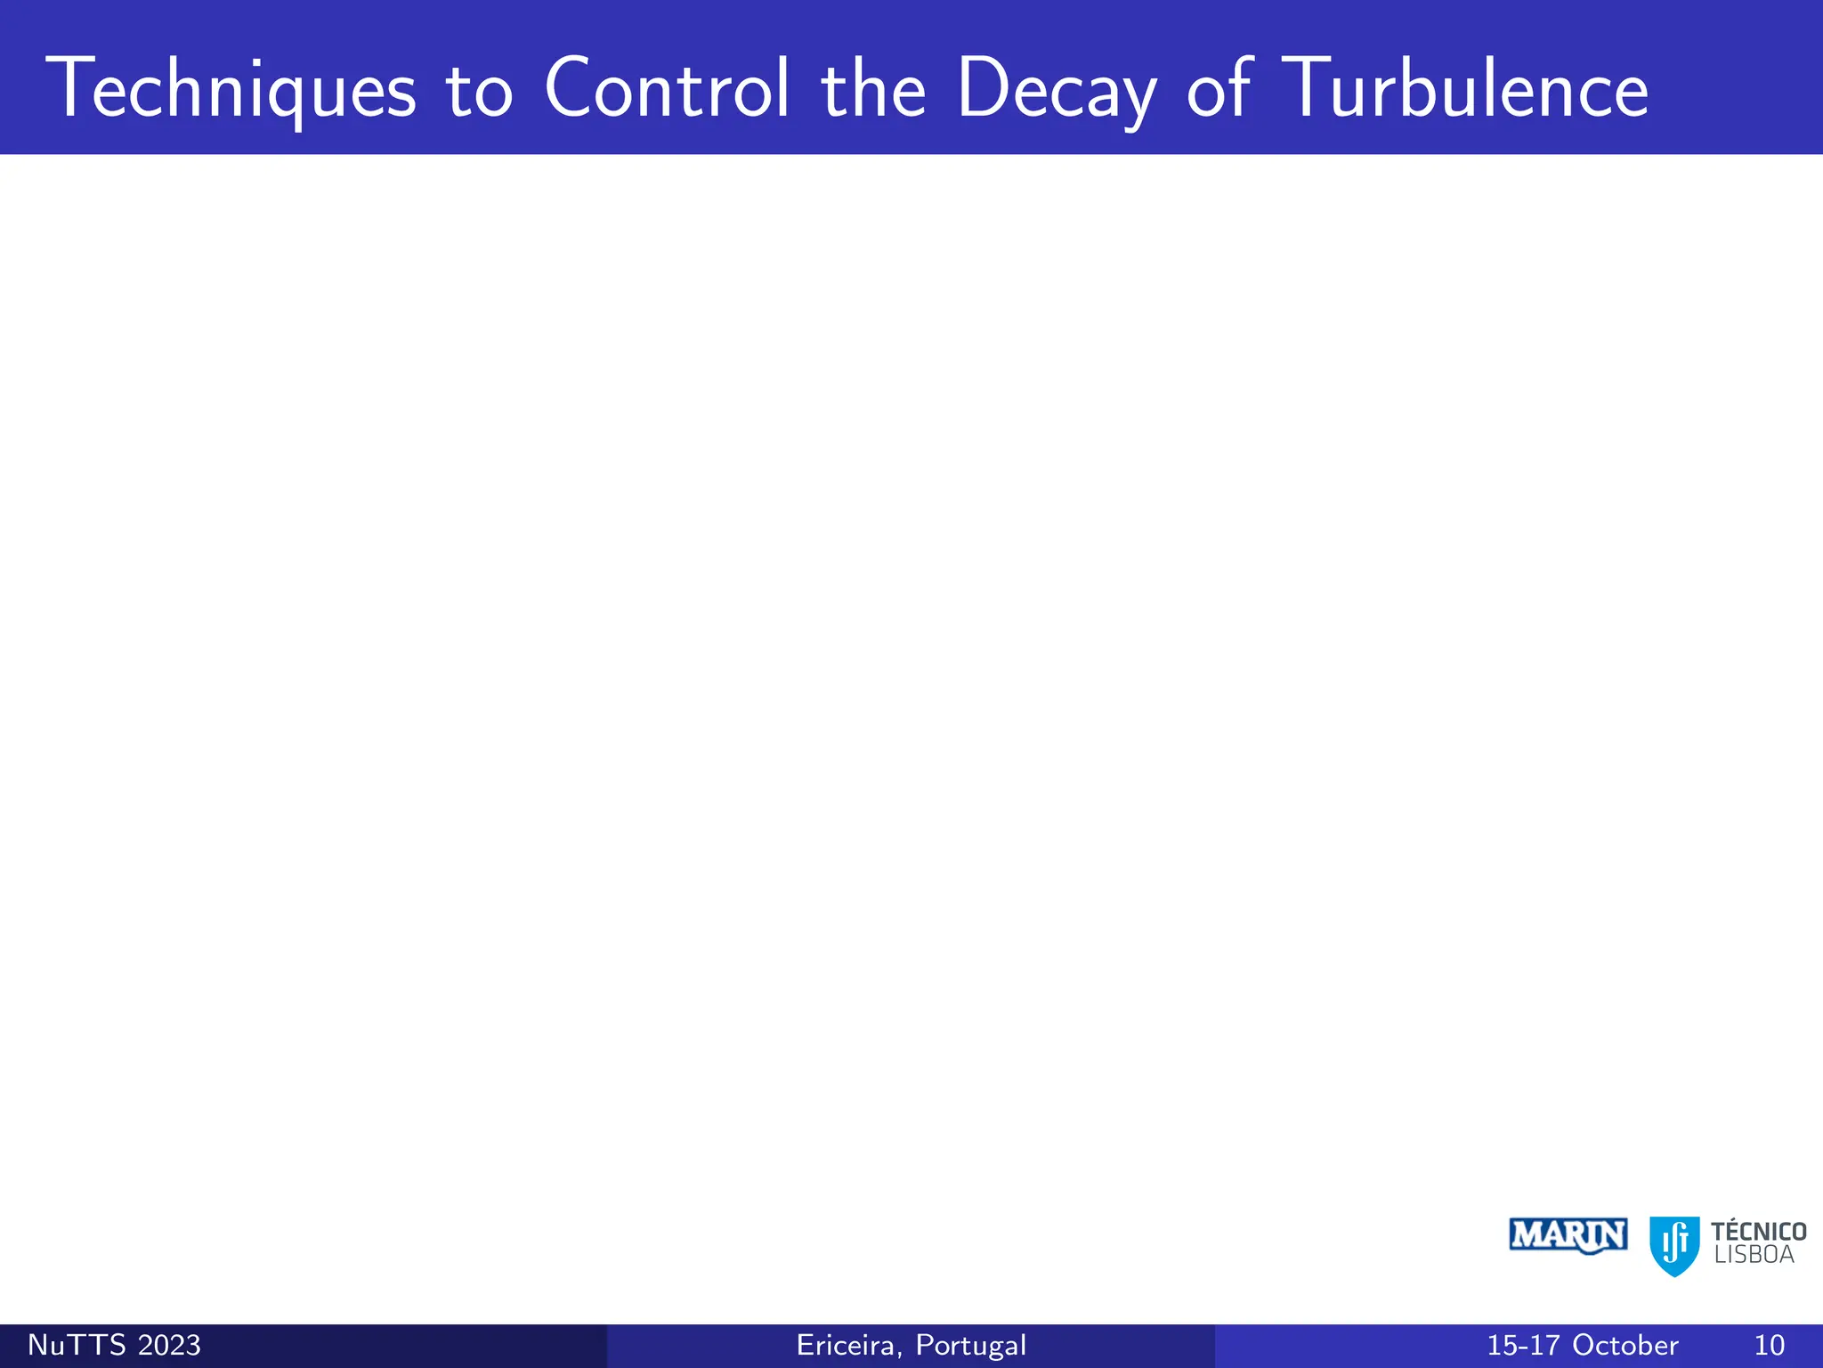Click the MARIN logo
tap(1568, 1236)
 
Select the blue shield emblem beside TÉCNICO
tap(1674, 1245)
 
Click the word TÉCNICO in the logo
tap(1758, 1232)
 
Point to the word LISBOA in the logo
tap(1754, 1256)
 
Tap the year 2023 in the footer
tap(169, 1345)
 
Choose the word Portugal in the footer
tap(971, 1346)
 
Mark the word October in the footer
tap(1625, 1345)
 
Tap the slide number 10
tap(1770, 1345)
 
